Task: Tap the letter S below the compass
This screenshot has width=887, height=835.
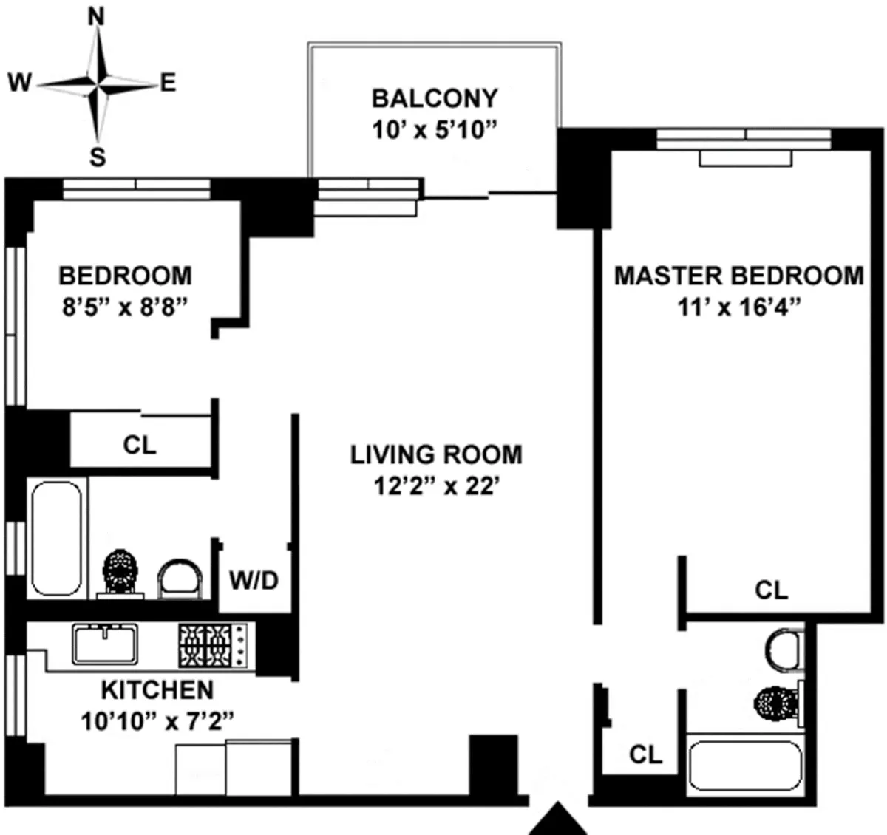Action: pos(98,157)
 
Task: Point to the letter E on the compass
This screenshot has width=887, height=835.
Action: pos(169,83)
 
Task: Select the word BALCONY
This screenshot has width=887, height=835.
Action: pos(435,98)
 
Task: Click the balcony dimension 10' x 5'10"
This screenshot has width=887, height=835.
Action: pos(435,130)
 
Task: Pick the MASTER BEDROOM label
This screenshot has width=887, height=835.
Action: pos(739,276)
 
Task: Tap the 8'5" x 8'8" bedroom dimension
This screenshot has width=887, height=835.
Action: pos(125,307)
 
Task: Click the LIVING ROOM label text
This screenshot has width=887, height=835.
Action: pos(436,454)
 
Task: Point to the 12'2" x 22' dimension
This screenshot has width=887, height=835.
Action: pos(436,487)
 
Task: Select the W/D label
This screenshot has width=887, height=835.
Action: pos(254,581)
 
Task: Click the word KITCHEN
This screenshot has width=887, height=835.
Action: pos(157,689)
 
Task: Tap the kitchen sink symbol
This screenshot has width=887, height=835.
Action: pos(105,644)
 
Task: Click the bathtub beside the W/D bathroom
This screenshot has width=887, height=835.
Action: pos(56,538)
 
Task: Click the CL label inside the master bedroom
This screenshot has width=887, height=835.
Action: pos(771,590)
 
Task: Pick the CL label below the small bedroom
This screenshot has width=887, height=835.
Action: pos(140,445)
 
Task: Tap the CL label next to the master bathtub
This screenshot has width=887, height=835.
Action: pos(645,754)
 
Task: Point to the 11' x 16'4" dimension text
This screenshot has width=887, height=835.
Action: pos(739,307)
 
